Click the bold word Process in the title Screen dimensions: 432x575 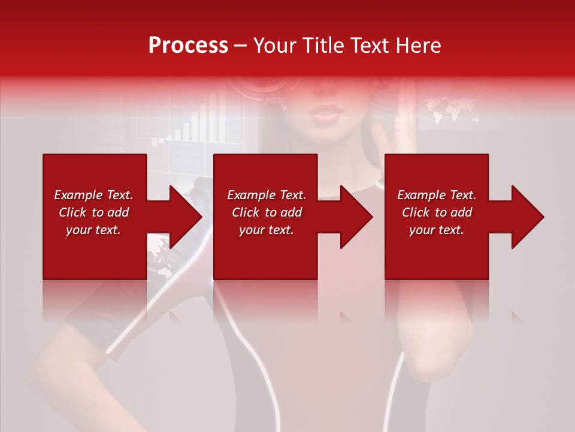[188, 45]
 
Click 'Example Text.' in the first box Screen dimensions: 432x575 [93, 195]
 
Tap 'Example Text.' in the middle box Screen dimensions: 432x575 [267, 195]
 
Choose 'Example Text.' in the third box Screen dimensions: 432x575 [437, 195]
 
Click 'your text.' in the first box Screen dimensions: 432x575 [93, 230]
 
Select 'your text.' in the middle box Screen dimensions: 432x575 [267, 230]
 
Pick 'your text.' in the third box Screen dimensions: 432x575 [437, 230]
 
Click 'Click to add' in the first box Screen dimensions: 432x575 [93, 212]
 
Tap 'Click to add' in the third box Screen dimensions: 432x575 [437, 212]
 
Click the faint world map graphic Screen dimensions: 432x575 [450, 112]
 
